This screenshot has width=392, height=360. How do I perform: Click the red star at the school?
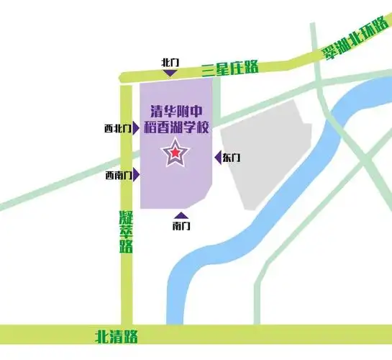click(x=175, y=153)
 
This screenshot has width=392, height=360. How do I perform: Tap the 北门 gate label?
click(x=170, y=63)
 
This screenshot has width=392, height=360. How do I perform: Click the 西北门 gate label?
click(x=117, y=129)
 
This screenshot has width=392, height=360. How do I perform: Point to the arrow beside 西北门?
click(x=135, y=129)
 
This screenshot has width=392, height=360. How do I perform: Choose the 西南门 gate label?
click(x=117, y=175)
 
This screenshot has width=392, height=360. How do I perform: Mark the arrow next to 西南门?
click(x=135, y=175)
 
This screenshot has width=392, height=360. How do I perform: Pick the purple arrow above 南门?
click(x=181, y=215)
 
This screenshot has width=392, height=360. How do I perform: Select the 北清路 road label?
click(x=116, y=336)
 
